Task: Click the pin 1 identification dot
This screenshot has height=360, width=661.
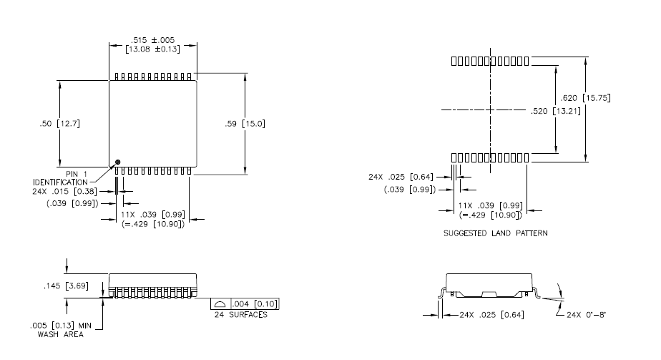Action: [x=119, y=162]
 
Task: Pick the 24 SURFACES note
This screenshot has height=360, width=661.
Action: [x=240, y=314]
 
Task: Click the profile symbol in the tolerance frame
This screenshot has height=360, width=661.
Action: [x=220, y=303]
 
